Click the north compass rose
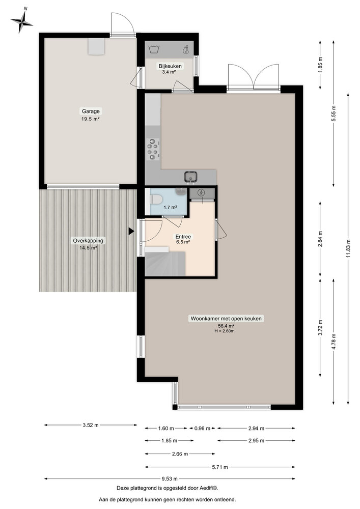coord(22,21)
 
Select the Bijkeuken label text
coord(170,66)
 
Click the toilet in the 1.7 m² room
coord(156,199)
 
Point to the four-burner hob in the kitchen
coord(153,148)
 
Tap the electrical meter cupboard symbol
coord(201,192)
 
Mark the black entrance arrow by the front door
coord(131,231)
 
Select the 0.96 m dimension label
coord(202,429)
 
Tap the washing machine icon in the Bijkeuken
coord(153,49)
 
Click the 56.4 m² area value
coord(226,326)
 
